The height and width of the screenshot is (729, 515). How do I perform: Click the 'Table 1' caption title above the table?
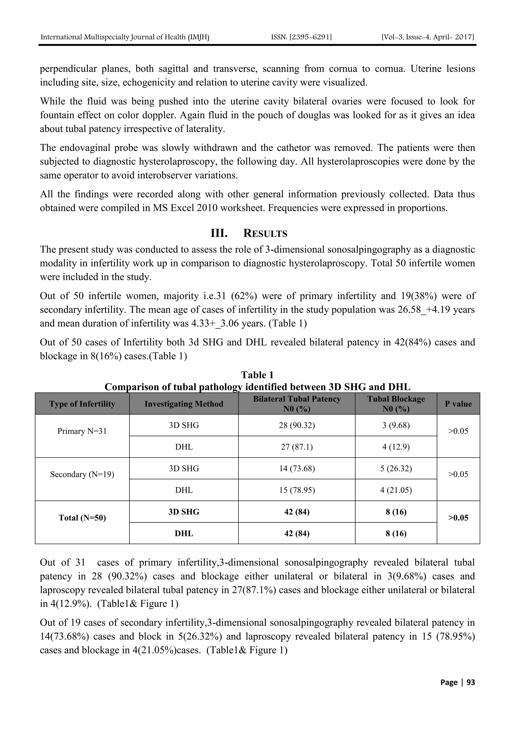pos(257,375)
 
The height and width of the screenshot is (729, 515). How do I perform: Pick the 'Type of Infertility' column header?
pos(82,404)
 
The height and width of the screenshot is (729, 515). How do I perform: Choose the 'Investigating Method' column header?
pos(184,404)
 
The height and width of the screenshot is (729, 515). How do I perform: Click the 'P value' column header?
pos(458,404)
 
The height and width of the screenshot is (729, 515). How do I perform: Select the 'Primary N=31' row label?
pos(82,431)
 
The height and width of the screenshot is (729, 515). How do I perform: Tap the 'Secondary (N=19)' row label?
pos(82,474)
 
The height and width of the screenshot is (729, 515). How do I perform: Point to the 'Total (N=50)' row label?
pos(82,518)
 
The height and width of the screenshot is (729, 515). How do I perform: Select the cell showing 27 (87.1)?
pos(297,447)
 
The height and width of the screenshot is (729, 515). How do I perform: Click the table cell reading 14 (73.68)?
pos(297,469)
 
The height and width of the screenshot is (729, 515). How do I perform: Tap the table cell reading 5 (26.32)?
pos(396,469)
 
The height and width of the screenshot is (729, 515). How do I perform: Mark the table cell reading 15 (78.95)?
pos(297,490)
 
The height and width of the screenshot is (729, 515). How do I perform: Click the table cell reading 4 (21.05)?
pos(396,490)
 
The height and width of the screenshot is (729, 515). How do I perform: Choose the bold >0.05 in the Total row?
pos(458,518)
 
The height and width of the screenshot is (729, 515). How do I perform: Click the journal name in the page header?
pos(125,37)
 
